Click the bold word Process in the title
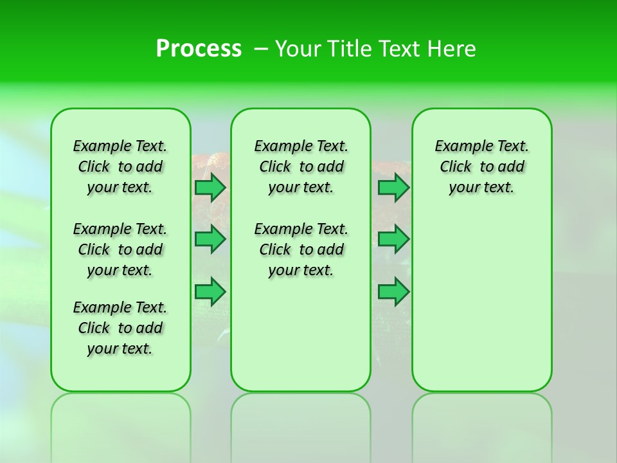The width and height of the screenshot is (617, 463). pos(199,49)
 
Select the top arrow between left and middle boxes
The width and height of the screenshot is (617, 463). pos(210,187)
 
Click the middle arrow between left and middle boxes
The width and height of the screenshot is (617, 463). pos(210,239)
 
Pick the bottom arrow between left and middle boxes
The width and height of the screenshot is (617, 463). pos(210,292)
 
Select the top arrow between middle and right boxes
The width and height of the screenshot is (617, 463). pos(393,187)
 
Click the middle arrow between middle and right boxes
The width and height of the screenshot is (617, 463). pos(393,239)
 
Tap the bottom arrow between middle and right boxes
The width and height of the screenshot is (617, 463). pos(393,292)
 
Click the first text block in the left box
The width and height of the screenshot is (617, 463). pos(120,167)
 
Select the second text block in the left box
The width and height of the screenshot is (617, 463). pos(120,250)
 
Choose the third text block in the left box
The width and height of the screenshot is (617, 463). pos(120,328)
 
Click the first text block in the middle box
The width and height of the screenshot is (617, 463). pos(301,167)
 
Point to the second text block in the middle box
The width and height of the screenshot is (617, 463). pos(301,250)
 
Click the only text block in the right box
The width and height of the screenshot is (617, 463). pos(481,167)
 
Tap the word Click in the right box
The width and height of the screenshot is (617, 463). pos(456,167)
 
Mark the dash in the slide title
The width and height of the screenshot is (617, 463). pos(261,49)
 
